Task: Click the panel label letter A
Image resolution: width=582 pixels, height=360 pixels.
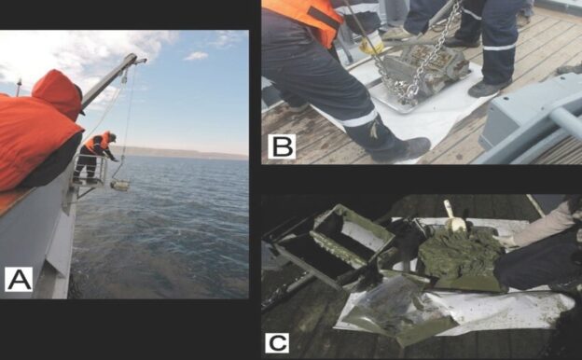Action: click(19, 279)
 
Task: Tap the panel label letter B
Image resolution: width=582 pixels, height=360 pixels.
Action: click(282, 146)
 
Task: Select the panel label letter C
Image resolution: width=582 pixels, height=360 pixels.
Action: click(277, 342)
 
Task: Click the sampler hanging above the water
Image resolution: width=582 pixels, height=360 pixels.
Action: click(120, 186)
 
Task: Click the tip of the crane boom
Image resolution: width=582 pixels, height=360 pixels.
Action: click(144, 60)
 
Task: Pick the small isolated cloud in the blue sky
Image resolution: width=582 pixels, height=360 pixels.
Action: click(196, 56)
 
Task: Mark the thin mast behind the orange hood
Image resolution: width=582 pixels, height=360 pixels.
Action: click(20, 87)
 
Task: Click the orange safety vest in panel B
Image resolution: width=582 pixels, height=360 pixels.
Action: click(308, 19)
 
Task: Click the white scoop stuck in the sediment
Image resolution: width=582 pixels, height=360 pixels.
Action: click(454, 217)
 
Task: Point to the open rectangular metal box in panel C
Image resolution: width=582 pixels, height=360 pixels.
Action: click(351, 234)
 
